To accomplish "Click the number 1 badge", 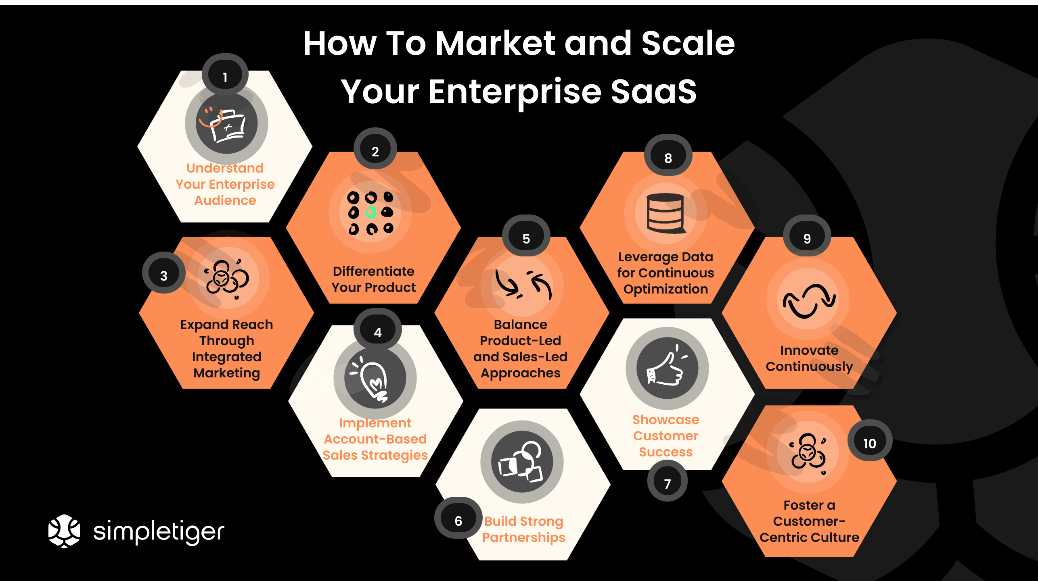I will pos(225,75).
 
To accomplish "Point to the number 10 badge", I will pos(870,442).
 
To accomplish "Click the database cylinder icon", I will pos(665,213).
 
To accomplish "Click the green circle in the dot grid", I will pos(371,212).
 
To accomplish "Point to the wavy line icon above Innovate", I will pos(808,300).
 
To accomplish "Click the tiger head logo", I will pos(64,531).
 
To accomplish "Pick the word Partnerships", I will pos(523,537).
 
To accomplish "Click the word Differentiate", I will pos(373,271).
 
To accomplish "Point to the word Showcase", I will pos(665,420).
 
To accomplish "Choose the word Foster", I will pos(803,505).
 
